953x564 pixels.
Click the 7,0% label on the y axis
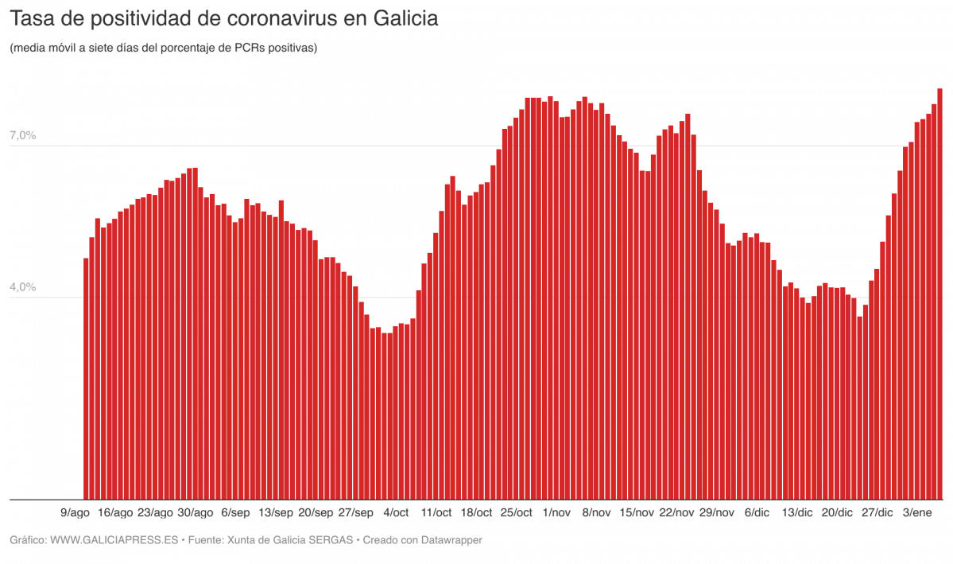point(23,136)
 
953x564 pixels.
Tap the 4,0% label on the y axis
point(23,287)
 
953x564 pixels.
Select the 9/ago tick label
point(75,512)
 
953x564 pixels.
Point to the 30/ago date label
point(195,512)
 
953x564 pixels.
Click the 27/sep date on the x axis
point(355,512)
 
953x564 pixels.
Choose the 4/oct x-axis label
point(396,512)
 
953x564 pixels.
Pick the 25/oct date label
point(517,512)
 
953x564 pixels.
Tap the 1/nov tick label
point(556,512)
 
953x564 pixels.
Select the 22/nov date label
point(677,512)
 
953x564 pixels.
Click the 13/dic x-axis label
point(797,512)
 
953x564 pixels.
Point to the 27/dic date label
point(877,512)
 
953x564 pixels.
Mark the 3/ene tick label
point(918,512)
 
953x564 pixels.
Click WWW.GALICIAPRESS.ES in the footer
point(114,540)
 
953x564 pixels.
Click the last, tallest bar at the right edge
point(939,294)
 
